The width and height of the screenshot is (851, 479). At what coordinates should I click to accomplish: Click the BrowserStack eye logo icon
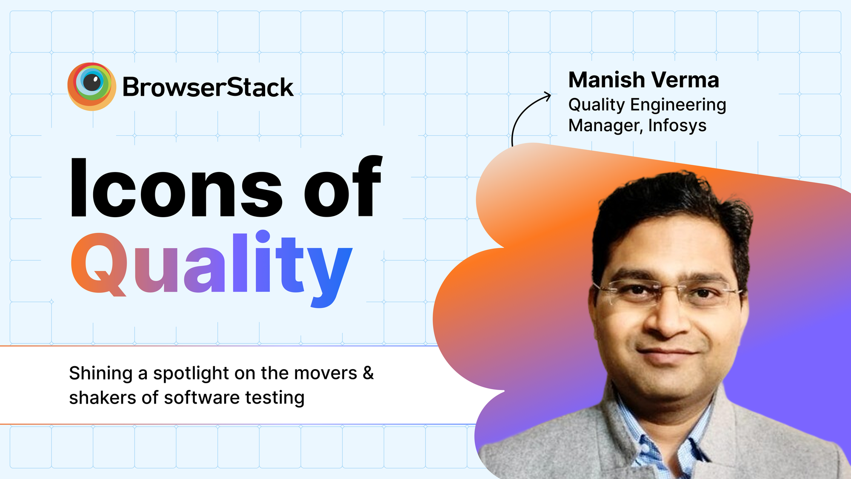click(x=91, y=86)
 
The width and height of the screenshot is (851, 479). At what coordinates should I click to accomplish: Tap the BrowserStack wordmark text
click(x=208, y=88)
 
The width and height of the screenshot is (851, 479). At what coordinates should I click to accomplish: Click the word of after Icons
click(x=343, y=187)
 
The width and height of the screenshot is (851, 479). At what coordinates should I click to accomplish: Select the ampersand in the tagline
click(x=368, y=373)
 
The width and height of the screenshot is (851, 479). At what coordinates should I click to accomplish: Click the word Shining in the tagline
click(x=101, y=373)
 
